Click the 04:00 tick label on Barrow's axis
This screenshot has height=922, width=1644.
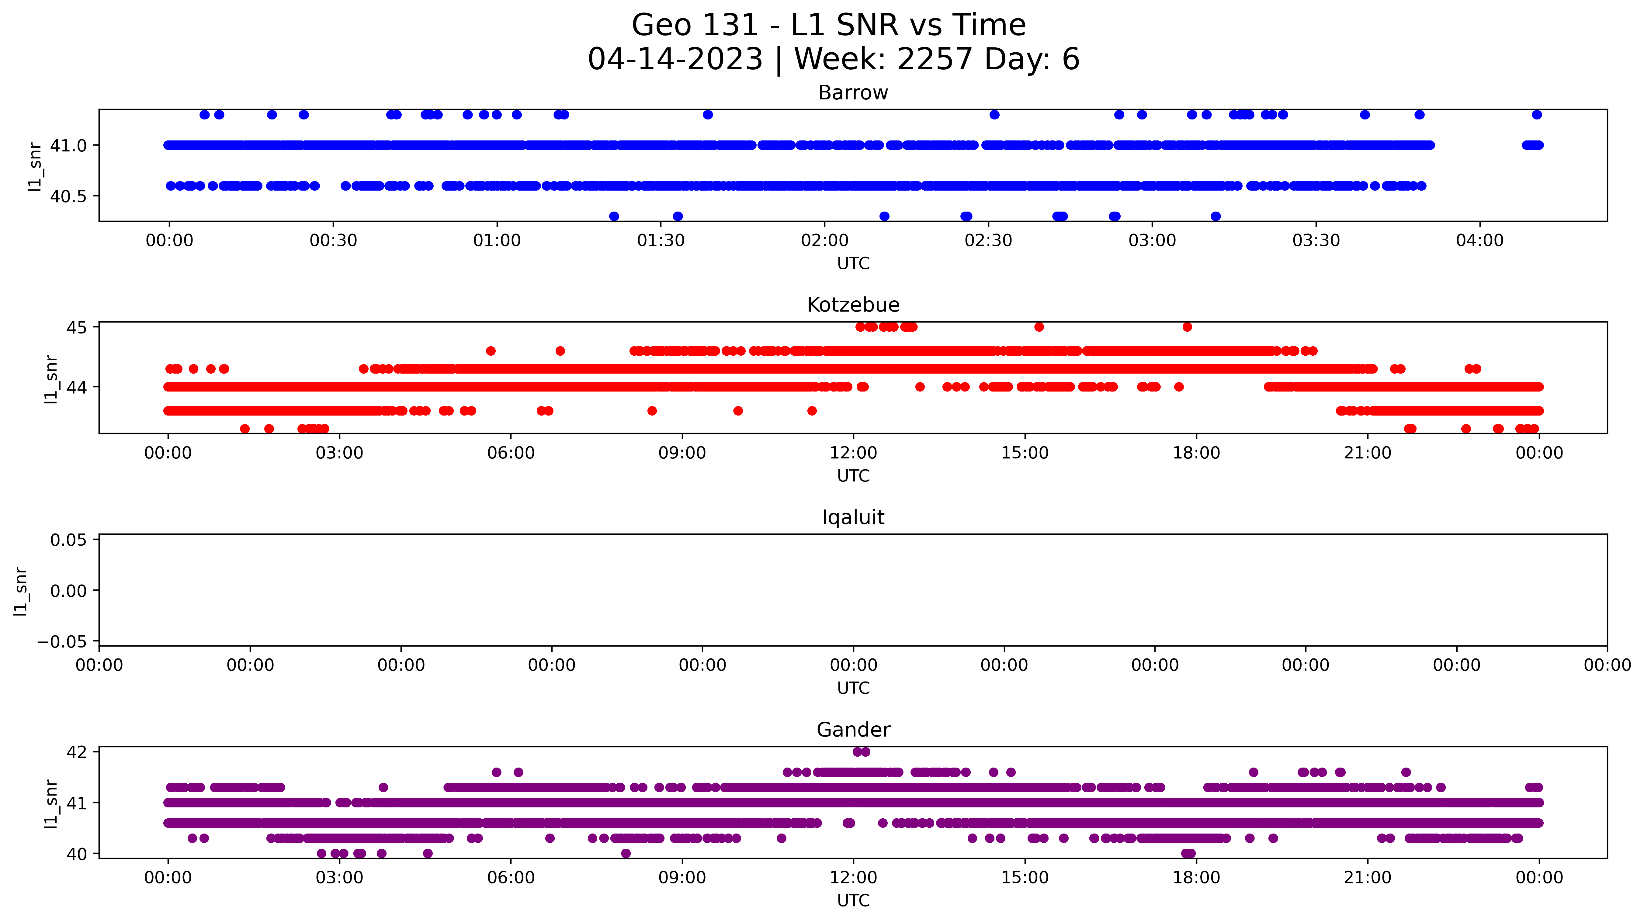[1479, 240]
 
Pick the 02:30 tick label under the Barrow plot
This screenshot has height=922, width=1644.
[988, 240]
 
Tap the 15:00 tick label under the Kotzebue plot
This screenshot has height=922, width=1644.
[1024, 453]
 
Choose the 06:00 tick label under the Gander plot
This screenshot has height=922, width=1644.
[511, 878]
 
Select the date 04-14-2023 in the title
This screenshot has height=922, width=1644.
[675, 59]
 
